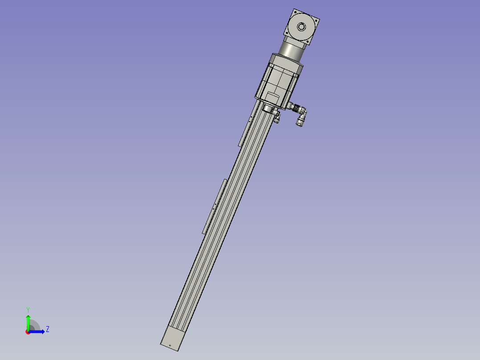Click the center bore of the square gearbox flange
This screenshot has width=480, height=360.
pos(302,27)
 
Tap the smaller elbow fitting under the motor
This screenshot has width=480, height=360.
pos(277,117)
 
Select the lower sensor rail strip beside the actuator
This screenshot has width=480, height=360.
pos(215,206)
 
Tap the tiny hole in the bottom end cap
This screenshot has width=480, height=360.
pos(170,346)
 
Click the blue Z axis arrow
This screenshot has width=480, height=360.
pos(38,331)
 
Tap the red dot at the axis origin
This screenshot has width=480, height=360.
pos(28,332)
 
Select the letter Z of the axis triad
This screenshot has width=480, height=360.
pos(47,329)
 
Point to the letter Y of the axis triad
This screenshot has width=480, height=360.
pos(28,309)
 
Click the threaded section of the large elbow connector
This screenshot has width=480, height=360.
pos(293,107)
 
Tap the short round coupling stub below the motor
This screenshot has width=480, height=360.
pos(268,109)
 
